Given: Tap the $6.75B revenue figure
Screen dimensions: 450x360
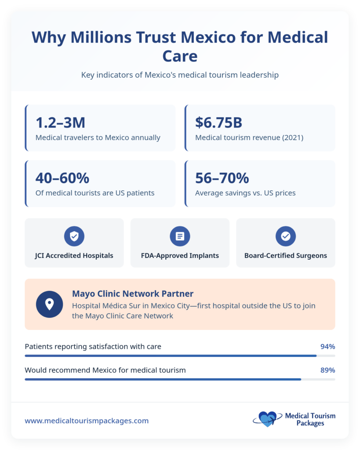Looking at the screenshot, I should [x=218, y=123].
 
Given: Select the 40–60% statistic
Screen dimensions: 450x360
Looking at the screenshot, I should [x=62, y=178].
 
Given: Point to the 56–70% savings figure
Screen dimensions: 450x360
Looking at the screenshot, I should [x=222, y=178].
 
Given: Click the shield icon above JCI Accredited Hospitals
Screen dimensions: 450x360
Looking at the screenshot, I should [x=74, y=236].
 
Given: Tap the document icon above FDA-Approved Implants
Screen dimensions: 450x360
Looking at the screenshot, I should [x=180, y=236].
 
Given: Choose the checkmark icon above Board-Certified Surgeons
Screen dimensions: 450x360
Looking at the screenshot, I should [x=286, y=236].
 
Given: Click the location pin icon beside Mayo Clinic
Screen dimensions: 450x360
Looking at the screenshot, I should [x=49, y=304].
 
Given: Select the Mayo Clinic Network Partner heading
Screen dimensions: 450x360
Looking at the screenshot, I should [x=133, y=294].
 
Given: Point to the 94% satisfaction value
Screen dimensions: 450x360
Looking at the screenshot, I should [x=327, y=347].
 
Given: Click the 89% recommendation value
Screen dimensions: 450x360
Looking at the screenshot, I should [x=327, y=370].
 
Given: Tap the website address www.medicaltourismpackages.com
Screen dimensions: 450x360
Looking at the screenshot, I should [x=87, y=421].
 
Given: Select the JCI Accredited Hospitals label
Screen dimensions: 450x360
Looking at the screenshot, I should [x=74, y=255].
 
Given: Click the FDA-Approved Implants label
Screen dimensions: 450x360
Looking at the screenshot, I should [x=180, y=255].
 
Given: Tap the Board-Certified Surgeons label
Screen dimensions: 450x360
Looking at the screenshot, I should [x=286, y=255].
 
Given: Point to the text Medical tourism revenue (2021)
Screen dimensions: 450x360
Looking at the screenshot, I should [x=249, y=138].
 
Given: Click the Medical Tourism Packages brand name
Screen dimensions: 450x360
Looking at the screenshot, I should [x=310, y=420].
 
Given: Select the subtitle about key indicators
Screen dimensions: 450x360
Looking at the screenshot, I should [x=180, y=75].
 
